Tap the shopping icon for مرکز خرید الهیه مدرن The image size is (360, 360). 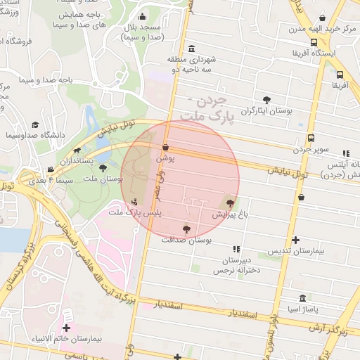(x=323, y=18)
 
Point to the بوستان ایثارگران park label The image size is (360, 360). (x=266, y=110)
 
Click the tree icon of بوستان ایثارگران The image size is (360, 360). (x=266, y=99)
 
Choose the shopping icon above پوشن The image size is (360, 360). (x=165, y=148)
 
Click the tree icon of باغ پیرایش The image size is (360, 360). (x=230, y=202)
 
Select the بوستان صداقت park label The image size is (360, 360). (x=186, y=240)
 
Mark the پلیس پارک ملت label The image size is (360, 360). (x=136, y=212)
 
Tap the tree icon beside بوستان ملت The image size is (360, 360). (x=103, y=168)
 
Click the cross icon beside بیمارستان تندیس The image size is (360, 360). (x=295, y=240)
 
